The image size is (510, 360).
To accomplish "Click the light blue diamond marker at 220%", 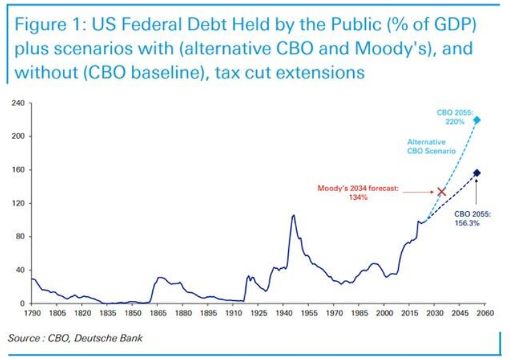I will click(x=476, y=121).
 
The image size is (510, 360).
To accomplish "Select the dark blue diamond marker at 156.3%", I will click(x=476, y=173).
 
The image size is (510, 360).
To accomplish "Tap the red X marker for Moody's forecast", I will click(x=441, y=192).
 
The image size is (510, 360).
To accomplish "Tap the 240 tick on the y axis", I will click(x=18, y=103).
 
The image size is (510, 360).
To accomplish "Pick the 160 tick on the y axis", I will click(x=18, y=170).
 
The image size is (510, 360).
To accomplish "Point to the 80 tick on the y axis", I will click(x=20, y=237).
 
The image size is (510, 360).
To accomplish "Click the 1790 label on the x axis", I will click(x=31, y=313).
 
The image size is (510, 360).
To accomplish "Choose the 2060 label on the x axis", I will click(x=485, y=313).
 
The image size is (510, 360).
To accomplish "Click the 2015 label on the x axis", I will click(x=409, y=313).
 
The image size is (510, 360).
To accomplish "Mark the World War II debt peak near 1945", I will click(x=293, y=215).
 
